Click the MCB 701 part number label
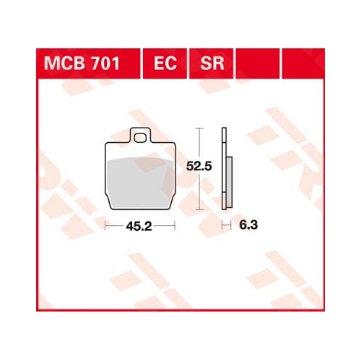82,63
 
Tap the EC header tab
165,63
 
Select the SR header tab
212,63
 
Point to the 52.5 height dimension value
199,166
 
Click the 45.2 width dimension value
139,226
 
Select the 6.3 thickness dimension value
248,225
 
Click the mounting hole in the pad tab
140,138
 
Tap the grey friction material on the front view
140,183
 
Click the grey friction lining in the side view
230,182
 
